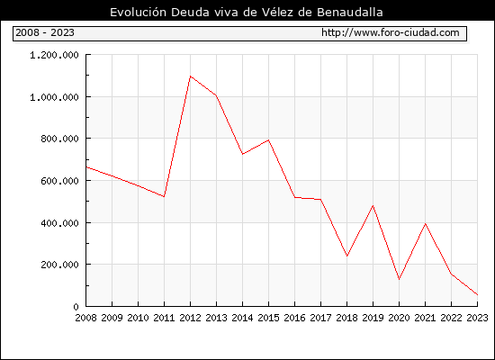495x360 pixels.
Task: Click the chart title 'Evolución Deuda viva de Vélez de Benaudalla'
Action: (x=247, y=12)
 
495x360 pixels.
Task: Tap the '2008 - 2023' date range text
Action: (x=45, y=32)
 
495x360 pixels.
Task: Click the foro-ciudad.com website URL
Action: (x=391, y=32)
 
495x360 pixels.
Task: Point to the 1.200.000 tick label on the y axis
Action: (x=54, y=55)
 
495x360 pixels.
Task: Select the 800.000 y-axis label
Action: (x=59, y=139)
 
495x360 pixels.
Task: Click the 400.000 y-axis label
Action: (x=59, y=223)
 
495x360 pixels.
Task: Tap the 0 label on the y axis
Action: (x=76, y=307)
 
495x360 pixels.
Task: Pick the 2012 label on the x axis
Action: (x=190, y=318)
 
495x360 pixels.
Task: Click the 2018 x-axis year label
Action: (x=346, y=318)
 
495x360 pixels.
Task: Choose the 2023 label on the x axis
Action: (x=477, y=318)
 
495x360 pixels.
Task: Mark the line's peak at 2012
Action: (x=190, y=76)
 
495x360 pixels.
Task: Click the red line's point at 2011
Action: (x=164, y=196)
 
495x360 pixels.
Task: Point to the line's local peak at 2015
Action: (x=269, y=139)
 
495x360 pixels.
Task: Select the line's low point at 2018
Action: (x=346, y=256)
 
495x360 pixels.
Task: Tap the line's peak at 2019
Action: (x=373, y=205)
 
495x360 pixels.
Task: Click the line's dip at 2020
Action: (x=399, y=279)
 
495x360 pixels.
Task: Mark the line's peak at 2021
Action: (x=425, y=224)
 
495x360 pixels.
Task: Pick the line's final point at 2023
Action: (x=477, y=294)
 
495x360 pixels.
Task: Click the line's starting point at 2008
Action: (x=86, y=167)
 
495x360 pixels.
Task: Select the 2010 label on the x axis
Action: (x=138, y=318)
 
